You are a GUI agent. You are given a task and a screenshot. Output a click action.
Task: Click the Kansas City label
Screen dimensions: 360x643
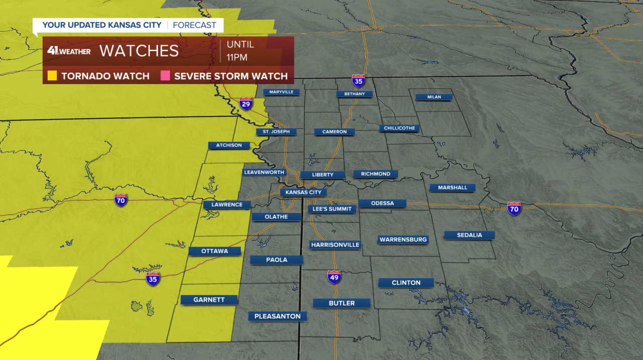click(303, 192)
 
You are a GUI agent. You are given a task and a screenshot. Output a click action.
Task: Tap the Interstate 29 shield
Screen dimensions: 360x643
click(246, 103)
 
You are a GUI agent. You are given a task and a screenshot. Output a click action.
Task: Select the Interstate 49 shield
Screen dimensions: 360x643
click(334, 277)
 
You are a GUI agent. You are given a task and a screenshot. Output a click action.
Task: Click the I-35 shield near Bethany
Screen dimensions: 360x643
click(358, 81)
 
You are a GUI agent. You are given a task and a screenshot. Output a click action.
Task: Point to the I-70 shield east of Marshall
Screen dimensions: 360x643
click(514, 208)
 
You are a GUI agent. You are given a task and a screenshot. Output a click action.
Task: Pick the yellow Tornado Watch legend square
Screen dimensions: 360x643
click(52, 76)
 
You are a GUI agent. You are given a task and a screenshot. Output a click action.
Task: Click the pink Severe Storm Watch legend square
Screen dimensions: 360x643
click(165, 76)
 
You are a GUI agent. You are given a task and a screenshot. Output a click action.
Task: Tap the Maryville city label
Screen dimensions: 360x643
click(281, 92)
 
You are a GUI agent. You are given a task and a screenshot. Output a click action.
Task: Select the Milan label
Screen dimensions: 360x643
click(434, 97)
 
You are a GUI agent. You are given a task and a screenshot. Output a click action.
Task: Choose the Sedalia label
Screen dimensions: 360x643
click(469, 235)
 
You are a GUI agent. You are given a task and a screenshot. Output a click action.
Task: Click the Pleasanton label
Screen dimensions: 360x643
click(277, 316)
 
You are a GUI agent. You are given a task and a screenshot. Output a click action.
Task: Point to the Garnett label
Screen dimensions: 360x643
click(209, 300)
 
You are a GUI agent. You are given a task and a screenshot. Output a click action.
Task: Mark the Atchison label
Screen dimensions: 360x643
click(229, 146)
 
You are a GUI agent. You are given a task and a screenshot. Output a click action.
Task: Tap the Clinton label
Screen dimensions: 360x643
click(406, 283)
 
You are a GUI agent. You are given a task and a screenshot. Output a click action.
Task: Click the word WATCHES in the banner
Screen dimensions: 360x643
click(139, 51)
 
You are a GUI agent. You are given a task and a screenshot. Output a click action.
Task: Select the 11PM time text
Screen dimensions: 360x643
click(237, 57)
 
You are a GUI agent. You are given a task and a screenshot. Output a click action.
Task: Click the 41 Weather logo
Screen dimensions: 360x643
click(69, 51)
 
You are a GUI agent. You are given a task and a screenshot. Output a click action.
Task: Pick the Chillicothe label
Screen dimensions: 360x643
click(399, 128)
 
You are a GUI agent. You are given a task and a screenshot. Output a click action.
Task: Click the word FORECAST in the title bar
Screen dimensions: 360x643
click(194, 25)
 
